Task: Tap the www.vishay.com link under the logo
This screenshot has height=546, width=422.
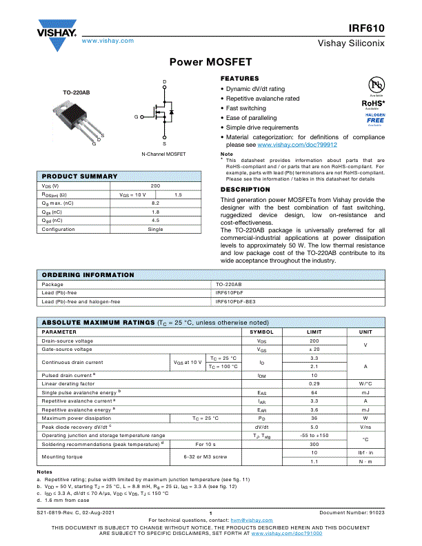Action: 108,41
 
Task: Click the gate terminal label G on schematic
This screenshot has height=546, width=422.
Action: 137,117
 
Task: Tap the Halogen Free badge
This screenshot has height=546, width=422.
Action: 375,119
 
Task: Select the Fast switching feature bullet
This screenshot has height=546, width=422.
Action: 245,108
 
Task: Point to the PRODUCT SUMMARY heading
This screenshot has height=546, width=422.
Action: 80,176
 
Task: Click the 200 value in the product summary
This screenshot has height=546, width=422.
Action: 155,186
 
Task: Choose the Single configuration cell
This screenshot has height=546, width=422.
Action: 155,229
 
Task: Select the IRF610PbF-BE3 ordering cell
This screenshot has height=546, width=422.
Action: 235,301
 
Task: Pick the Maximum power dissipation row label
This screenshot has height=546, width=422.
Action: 76,418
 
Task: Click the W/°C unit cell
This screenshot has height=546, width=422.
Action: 365,383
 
